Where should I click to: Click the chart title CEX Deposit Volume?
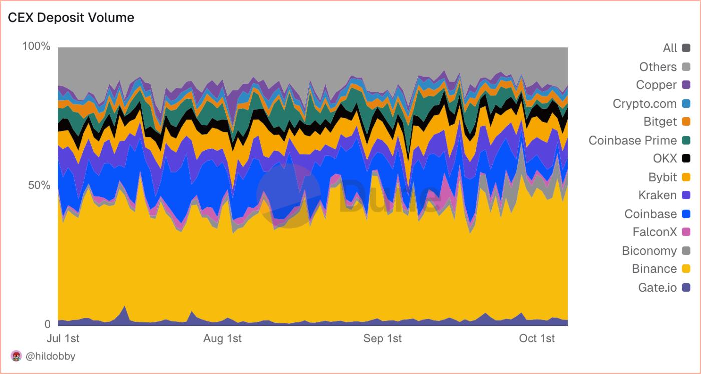tap(71, 18)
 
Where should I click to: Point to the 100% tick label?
tap(36, 47)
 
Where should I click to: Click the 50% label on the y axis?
tap(39, 186)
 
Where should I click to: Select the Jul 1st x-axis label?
tap(63, 338)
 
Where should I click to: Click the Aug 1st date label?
tap(222, 338)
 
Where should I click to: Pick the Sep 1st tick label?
tap(382, 338)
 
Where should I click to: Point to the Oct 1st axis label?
tap(537, 338)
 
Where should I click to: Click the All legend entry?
tap(670, 48)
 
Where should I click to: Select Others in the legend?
tap(658, 67)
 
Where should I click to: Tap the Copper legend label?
tap(656, 85)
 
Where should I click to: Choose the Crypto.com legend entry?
tap(645, 104)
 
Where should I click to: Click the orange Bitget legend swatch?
tap(686, 122)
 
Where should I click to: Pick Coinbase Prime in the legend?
tap(633, 140)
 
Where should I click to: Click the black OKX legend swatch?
tap(686, 159)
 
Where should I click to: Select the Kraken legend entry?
tap(657, 195)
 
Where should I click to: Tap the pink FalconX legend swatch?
tap(686, 232)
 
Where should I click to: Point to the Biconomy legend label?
tap(649, 251)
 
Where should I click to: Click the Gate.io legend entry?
tap(657, 288)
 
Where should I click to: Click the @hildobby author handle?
tap(50, 356)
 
